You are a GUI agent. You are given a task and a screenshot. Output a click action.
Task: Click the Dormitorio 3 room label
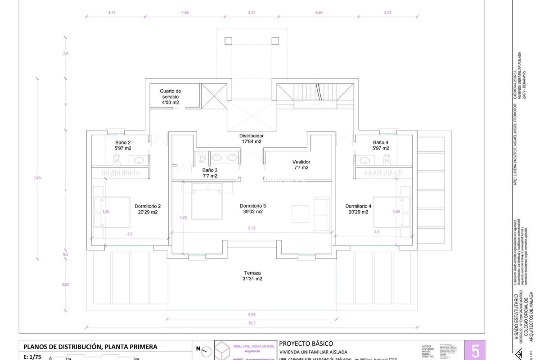pyautogui.click(x=253, y=209)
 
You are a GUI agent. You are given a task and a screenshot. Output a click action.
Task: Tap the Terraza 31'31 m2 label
pyautogui.click(x=252, y=276)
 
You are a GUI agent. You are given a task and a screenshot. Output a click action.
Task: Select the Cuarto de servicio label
pyautogui.click(x=170, y=96)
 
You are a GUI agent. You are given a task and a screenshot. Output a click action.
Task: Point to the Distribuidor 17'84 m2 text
pyautogui.click(x=251, y=138)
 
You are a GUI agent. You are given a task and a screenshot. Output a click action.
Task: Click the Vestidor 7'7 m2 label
pyautogui.click(x=301, y=165)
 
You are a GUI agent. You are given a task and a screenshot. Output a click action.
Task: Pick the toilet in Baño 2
pyautogui.click(x=117, y=160)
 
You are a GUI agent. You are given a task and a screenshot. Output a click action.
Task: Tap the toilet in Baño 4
pyautogui.click(x=387, y=160)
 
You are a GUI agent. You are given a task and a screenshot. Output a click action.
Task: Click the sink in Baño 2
pyautogui.click(x=139, y=161)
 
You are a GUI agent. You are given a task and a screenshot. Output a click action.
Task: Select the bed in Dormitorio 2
pyautogui.click(x=115, y=212)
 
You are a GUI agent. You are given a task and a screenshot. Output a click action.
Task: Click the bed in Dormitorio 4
pyautogui.click(x=388, y=212)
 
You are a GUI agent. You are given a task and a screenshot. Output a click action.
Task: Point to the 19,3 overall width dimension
pyautogui.click(x=252, y=323)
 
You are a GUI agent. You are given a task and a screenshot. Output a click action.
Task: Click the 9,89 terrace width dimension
pyautogui.click(x=252, y=315)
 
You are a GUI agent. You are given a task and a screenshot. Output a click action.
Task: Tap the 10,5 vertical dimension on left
pyautogui.click(x=37, y=178)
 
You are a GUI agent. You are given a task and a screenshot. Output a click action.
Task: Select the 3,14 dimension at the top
pyautogui.click(x=252, y=12)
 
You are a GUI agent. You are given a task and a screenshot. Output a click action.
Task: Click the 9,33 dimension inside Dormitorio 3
pyautogui.click(x=252, y=228)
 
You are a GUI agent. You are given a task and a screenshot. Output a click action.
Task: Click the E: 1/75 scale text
pyautogui.click(x=32, y=357)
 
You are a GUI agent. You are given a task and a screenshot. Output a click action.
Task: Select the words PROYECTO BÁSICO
pyautogui.click(x=306, y=343)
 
